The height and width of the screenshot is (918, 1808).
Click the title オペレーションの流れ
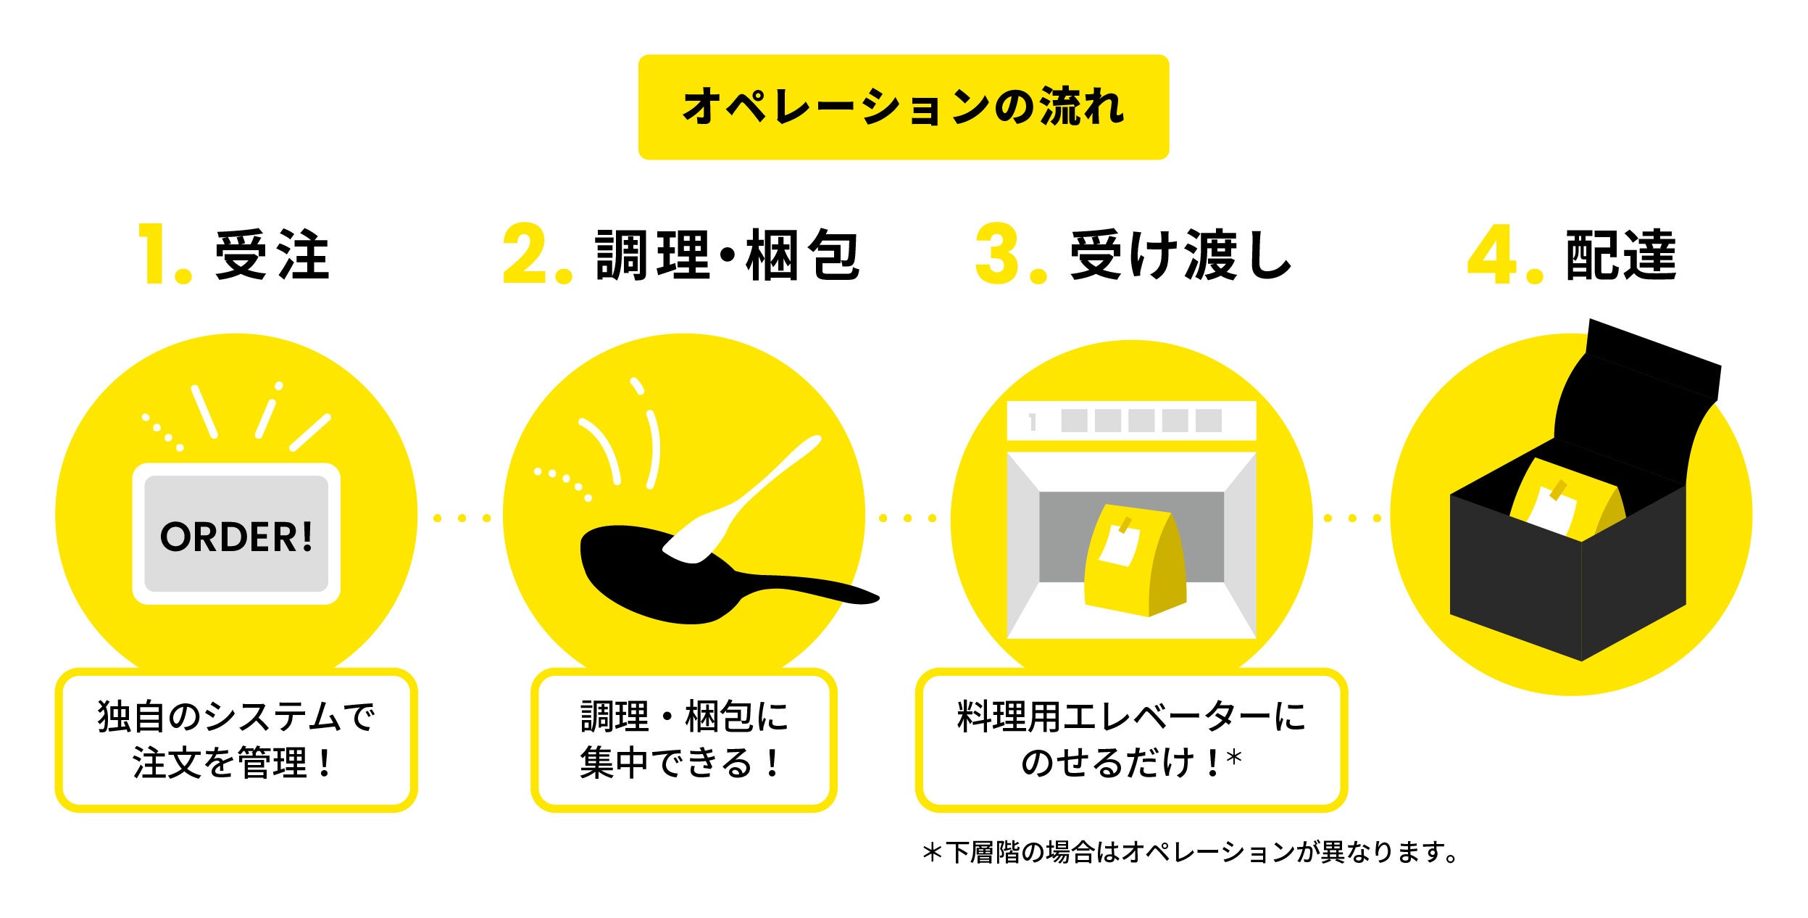pyautogui.click(x=903, y=107)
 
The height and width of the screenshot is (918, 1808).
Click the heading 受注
pyautogui.click(x=272, y=255)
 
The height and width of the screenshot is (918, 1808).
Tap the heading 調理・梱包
pyautogui.click(x=727, y=255)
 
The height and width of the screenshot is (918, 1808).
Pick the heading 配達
pyautogui.click(x=1620, y=255)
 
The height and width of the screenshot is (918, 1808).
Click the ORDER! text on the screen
pyautogui.click(x=236, y=537)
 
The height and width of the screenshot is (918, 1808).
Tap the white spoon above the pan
pyautogui.click(x=746, y=500)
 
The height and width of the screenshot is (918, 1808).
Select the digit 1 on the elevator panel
pyautogui.click(x=1033, y=422)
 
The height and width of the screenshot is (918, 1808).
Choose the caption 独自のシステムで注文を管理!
pyautogui.click(x=236, y=740)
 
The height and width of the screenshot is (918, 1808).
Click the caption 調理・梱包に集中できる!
pyautogui.click(x=683, y=740)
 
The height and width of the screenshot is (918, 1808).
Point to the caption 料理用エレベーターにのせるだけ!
pyautogui.click(x=1130, y=740)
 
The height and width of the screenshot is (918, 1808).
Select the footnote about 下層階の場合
pyautogui.click(x=1188, y=853)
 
